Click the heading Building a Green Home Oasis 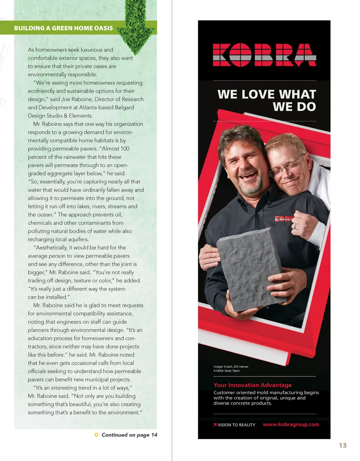point(63,28)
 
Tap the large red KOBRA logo point(264,55)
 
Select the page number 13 point(342,446)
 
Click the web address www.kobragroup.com point(291,424)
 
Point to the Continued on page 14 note point(129,435)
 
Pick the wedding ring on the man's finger point(295,227)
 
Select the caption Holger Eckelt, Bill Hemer point(231,367)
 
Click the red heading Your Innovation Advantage point(252,385)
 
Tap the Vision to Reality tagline point(236,425)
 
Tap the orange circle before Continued point(97,435)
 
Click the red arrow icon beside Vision point(215,425)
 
